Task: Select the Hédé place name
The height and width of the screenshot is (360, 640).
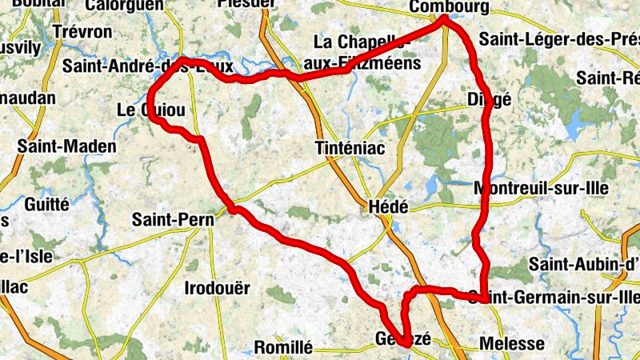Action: click(x=388, y=206)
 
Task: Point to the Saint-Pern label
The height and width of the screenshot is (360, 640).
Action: click(x=171, y=218)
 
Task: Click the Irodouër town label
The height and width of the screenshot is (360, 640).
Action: click(x=217, y=288)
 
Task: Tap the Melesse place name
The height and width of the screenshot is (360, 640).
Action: click(x=512, y=345)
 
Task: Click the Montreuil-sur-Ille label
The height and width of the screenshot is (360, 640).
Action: click(x=542, y=189)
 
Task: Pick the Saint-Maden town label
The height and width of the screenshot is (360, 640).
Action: click(x=66, y=147)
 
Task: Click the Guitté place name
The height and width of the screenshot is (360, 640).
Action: click(x=47, y=204)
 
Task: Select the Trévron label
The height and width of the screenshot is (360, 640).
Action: click(x=83, y=31)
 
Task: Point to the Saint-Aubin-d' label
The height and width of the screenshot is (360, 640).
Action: click(x=589, y=263)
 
